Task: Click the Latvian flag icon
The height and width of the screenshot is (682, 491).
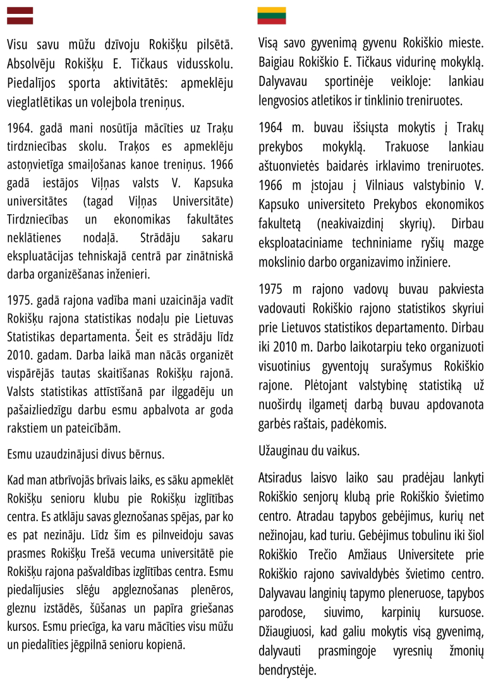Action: (20, 16)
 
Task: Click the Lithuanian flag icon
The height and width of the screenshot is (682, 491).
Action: (271, 16)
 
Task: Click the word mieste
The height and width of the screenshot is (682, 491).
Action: (466, 44)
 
